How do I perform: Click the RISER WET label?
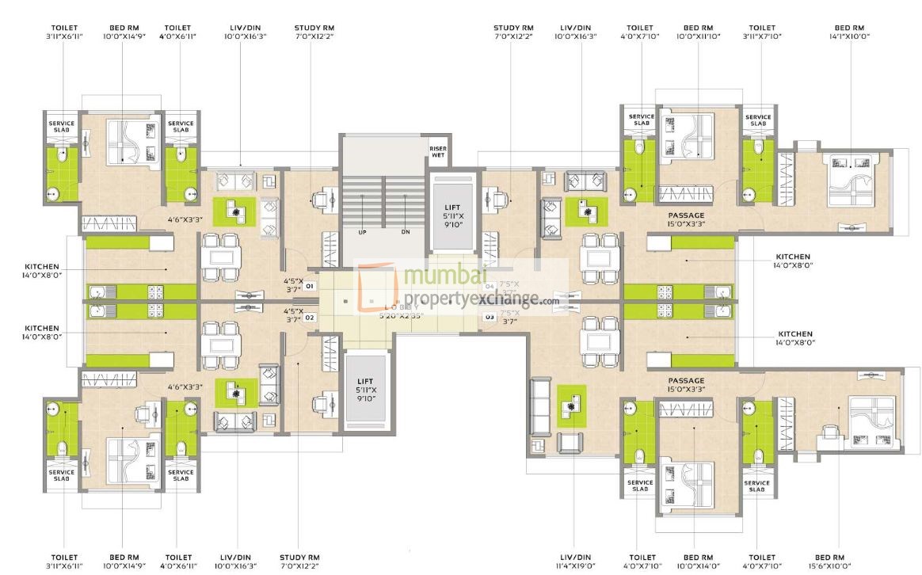coord(438,150)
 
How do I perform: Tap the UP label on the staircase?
coord(363,232)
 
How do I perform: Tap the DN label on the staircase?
coord(406,232)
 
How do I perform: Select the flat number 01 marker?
coord(310,284)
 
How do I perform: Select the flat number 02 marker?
coord(310,317)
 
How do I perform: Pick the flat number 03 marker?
coord(490,317)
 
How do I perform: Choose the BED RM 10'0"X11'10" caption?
coord(697,32)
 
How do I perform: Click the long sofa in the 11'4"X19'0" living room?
coord(542,406)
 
